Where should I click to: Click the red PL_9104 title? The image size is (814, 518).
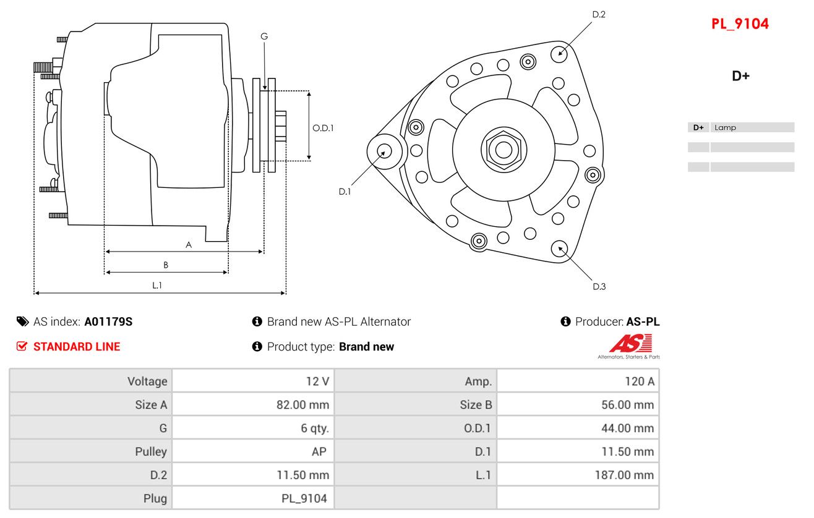pyautogui.click(x=740, y=24)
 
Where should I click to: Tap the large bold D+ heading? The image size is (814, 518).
pyautogui.click(x=740, y=76)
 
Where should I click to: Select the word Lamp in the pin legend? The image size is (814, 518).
pyautogui.click(x=725, y=127)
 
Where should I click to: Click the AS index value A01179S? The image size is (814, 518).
pyautogui.click(x=108, y=321)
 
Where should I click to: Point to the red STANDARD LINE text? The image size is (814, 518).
pyautogui.click(x=76, y=347)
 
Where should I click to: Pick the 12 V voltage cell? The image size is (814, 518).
pyautogui.click(x=317, y=381)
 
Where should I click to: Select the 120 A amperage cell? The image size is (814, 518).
pyautogui.click(x=640, y=381)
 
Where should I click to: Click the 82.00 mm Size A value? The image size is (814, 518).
pyautogui.click(x=302, y=405)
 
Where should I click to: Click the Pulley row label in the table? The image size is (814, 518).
pyautogui.click(x=151, y=452)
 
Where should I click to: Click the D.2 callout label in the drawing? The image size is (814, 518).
pyautogui.click(x=598, y=14)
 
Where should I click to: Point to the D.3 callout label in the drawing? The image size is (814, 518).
pyautogui.click(x=599, y=286)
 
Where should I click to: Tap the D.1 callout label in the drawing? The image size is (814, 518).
pyautogui.click(x=345, y=192)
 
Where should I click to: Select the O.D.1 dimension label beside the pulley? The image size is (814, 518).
pyautogui.click(x=323, y=128)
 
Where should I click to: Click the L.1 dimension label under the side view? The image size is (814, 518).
pyautogui.click(x=157, y=285)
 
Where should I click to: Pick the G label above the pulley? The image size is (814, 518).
pyautogui.click(x=264, y=36)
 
